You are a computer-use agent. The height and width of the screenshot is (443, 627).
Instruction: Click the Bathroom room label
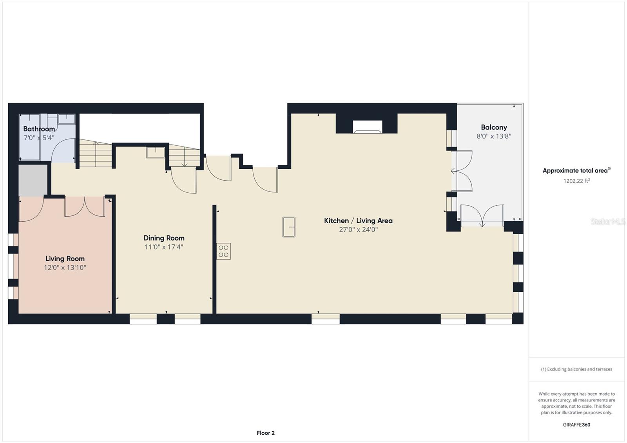click(x=39, y=129)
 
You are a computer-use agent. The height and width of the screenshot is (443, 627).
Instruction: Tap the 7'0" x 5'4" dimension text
click(x=39, y=138)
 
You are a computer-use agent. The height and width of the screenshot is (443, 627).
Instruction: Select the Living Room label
click(x=65, y=259)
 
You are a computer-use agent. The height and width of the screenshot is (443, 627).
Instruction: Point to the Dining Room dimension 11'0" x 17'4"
click(x=164, y=247)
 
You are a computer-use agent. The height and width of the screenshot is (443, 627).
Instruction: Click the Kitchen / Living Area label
click(x=358, y=221)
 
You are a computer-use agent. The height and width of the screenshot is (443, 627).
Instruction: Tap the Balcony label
click(x=494, y=127)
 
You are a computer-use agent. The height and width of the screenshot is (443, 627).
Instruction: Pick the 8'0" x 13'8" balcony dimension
click(x=494, y=136)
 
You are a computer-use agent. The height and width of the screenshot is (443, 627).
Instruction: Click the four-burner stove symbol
click(x=224, y=251)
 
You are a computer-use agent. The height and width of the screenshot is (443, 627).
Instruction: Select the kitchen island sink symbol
click(x=289, y=227)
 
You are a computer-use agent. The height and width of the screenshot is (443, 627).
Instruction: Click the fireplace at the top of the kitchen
click(x=367, y=127)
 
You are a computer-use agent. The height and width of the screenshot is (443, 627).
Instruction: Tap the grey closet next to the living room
click(x=33, y=181)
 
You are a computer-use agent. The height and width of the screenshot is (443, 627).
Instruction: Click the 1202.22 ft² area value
click(x=576, y=181)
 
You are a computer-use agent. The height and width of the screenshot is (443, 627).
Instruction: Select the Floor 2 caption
click(x=266, y=433)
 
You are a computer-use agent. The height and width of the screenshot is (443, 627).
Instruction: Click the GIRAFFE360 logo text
click(x=576, y=425)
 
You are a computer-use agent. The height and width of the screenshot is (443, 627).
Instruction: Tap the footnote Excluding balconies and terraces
click(x=576, y=369)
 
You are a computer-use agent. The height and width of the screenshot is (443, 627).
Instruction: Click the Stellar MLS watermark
click(x=608, y=222)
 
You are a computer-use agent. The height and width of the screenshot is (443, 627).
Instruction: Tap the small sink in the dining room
click(x=156, y=152)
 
